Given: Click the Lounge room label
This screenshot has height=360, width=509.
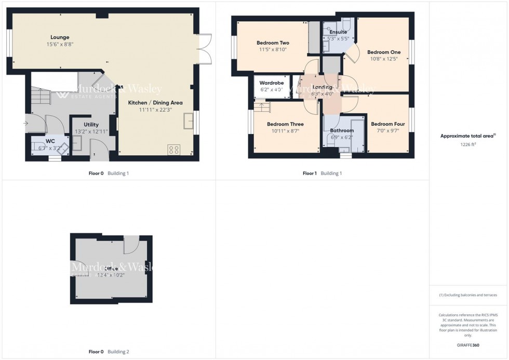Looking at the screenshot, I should pos(60,37).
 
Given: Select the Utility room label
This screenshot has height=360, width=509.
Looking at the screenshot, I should pos(91,125).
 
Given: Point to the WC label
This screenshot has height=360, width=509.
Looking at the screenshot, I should pos(50,141).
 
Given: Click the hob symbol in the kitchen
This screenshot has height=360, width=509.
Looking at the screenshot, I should pos(174,150).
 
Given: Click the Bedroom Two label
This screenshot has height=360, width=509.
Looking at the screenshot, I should pos(273,43).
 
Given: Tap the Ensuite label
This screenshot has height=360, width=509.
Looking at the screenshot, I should pos(338,32).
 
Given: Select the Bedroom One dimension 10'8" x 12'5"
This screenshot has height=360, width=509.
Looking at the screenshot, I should pos(384,59).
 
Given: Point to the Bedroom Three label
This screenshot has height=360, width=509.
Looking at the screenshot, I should pos(285,124).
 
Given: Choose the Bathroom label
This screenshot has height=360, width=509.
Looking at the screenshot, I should pos(342,130).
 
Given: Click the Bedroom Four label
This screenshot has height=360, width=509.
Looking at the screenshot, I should pos(387,124).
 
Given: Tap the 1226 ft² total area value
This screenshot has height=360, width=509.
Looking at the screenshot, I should pos(468,145).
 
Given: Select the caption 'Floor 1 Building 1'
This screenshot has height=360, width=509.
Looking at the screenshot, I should pos(322,173).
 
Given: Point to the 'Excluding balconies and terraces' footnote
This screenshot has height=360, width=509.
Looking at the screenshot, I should pos(468,295).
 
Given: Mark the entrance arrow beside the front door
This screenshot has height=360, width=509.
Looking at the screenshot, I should pos(26,123).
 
